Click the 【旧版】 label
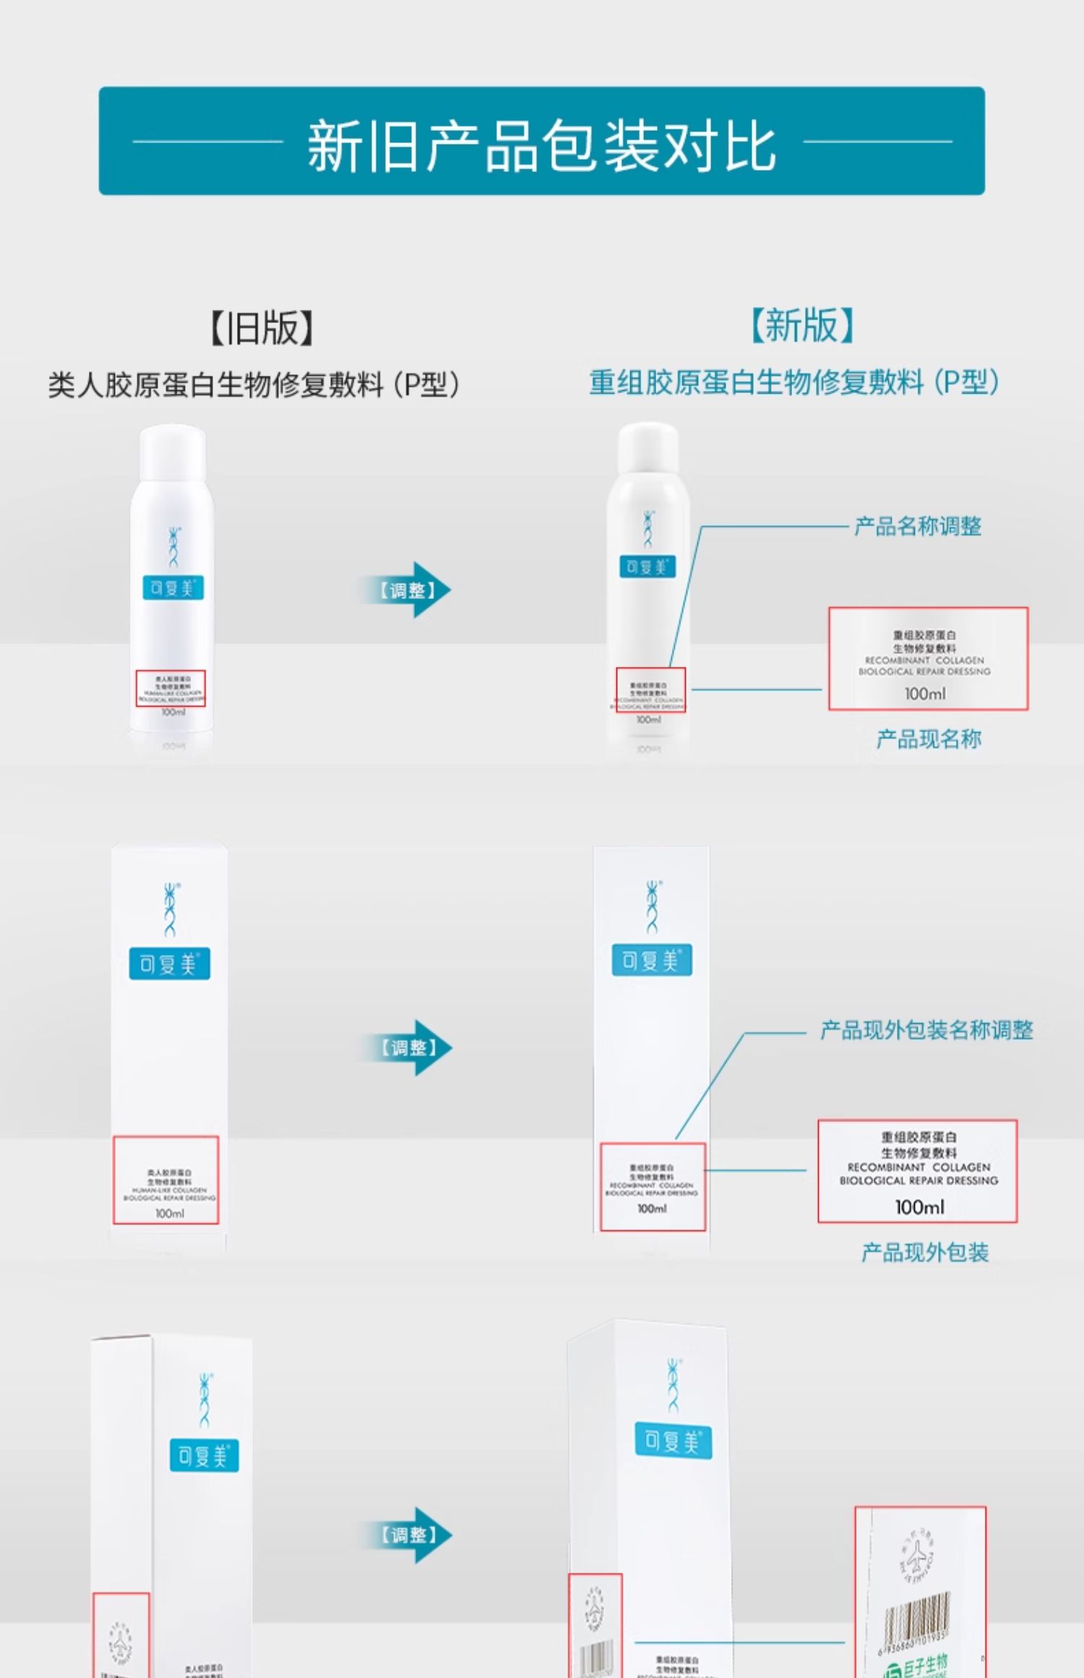[262, 328]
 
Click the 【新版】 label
[802, 325]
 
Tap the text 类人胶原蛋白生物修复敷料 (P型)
[254, 384]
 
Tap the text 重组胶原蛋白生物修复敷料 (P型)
[794, 382]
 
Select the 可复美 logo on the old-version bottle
[173, 588]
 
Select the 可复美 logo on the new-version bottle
[648, 567]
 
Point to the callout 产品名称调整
[917, 526]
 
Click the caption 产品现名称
[928, 739]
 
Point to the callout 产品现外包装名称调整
[926, 1031]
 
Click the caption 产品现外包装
[924, 1252]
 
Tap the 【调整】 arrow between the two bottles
[407, 590]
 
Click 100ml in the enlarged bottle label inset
[924, 694]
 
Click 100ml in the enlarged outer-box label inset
[919, 1207]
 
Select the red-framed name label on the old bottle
[171, 688]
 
